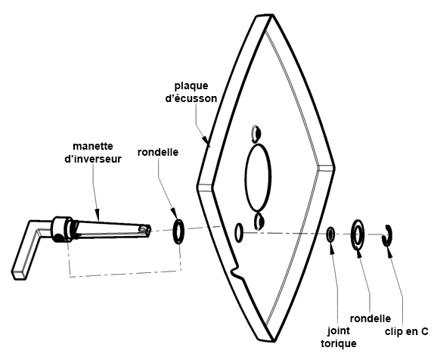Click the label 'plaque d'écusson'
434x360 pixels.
point(191,92)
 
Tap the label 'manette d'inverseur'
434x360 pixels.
point(93,153)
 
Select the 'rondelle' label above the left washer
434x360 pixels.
point(158,152)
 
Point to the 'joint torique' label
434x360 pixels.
point(339,337)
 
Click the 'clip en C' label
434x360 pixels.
point(406,331)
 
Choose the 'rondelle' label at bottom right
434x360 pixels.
point(370,318)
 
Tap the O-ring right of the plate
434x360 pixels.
point(330,234)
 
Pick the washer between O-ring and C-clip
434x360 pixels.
point(358,234)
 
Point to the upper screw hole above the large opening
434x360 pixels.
point(256,133)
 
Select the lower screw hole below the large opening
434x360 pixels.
point(259,222)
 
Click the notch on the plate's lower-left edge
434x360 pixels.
point(235,272)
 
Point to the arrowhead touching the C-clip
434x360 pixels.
point(389,250)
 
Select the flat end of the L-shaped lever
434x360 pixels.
point(20,275)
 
